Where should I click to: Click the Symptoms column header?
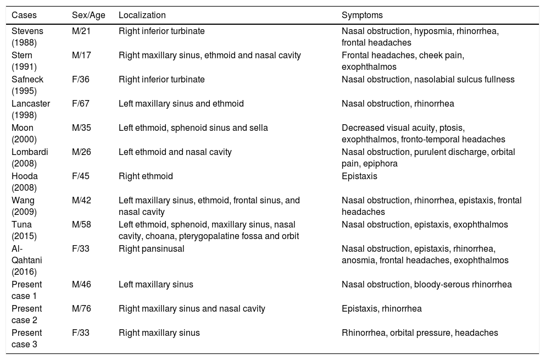[362, 15]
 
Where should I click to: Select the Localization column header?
[142, 15]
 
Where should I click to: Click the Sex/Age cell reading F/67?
[80, 103]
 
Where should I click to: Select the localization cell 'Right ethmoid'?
[146, 176]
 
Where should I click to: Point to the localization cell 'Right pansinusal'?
[151, 248]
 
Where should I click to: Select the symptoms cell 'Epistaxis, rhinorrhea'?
[381, 308]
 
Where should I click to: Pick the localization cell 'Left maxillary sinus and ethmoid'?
[181, 103]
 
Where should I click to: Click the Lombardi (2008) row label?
[29, 157]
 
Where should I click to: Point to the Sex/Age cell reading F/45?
[80, 176]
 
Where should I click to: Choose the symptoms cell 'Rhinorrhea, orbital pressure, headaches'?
[420, 333]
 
